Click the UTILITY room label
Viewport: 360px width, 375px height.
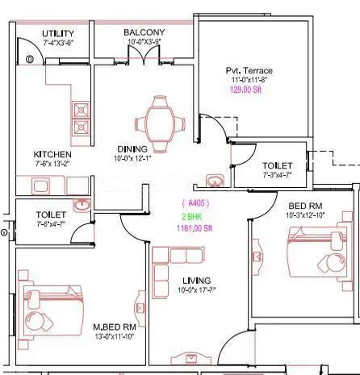point(58,33)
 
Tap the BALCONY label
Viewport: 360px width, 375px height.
point(145,33)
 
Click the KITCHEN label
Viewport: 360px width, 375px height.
point(52,154)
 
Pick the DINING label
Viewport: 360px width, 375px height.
point(132,149)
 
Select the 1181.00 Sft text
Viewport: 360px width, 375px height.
point(195,228)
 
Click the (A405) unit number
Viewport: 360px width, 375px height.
point(195,203)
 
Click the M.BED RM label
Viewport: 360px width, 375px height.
point(113,327)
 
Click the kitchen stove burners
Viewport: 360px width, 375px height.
point(82,119)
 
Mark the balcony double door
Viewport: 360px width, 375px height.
point(143,54)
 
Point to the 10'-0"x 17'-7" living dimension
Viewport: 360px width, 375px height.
point(194,290)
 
